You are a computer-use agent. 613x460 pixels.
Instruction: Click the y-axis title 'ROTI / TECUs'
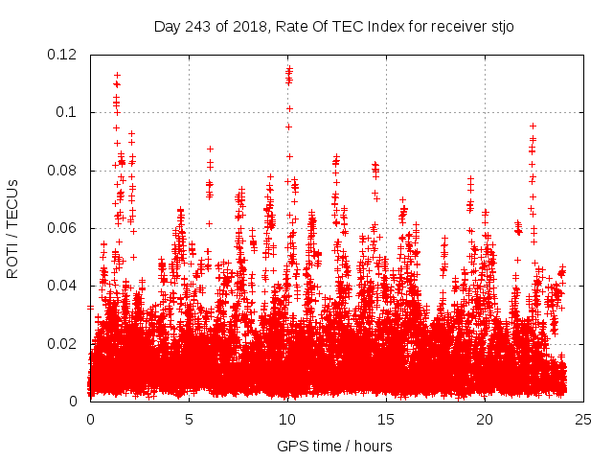pos(12,228)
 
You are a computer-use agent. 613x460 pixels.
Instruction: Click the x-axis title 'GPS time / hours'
pos(334,446)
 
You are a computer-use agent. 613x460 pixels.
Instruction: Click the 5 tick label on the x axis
pos(189,419)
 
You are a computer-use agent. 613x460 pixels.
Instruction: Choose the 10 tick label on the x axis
pos(287,419)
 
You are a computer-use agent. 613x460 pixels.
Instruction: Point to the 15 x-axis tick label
pos(386,419)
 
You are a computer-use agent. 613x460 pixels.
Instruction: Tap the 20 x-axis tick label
pos(485,419)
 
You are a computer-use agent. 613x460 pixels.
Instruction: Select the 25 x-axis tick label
pos(583,419)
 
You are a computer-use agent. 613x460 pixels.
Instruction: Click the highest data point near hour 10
pos(288,67)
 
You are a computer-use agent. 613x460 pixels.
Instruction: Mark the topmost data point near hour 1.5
pos(117,74)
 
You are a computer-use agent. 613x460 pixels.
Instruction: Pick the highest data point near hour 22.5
pos(533,125)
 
